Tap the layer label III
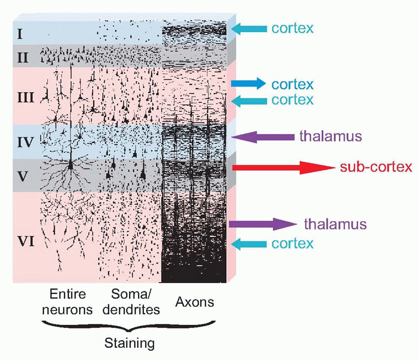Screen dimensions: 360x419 pyautogui.click(x=25, y=97)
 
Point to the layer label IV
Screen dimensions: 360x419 pyautogui.click(x=25, y=143)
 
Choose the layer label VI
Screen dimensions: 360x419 pyautogui.click(x=25, y=242)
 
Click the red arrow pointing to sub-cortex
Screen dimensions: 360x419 pyautogui.click(x=283, y=168)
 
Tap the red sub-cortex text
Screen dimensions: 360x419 pyautogui.click(x=376, y=167)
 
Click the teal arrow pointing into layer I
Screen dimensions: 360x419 pyautogui.click(x=248, y=29)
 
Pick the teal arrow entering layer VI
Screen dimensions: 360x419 pyautogui.click(x=248, y=243)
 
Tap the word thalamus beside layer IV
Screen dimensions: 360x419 pyautogui.click(x=330, y=136)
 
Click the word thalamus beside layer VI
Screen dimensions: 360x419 pyautogui.click(x=335, y=225)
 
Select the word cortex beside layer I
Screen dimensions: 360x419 pyautogui.click(x=292, y=28)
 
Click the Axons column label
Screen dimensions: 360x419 pyautogui.click(x=195, y=302)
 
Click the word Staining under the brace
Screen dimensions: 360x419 pyautogui.click(x=129, y=343)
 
